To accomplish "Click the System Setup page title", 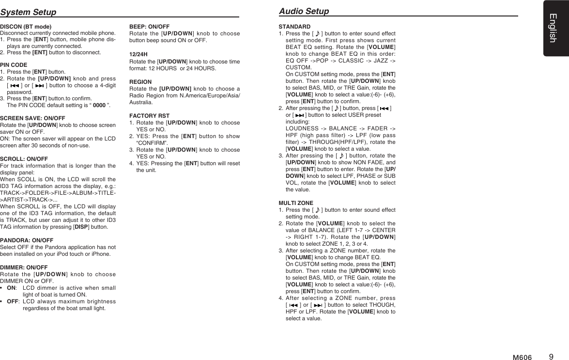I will click(28, 12).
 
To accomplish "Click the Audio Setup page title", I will click(304, 11).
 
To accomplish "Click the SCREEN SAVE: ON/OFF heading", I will click(32, 118).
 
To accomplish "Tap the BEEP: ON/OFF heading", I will click(149, 26).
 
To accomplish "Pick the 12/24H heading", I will click(138, 54).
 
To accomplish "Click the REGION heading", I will click(140, 82).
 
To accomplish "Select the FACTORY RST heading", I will click(149, 115).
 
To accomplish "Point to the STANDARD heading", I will click(294, 26).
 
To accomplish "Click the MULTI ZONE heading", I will click(296, 203).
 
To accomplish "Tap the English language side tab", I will click(556, 28).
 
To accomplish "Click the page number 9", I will click(551, 357).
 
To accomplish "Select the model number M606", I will click(522, 358).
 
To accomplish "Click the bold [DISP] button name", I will click(81, 226).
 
